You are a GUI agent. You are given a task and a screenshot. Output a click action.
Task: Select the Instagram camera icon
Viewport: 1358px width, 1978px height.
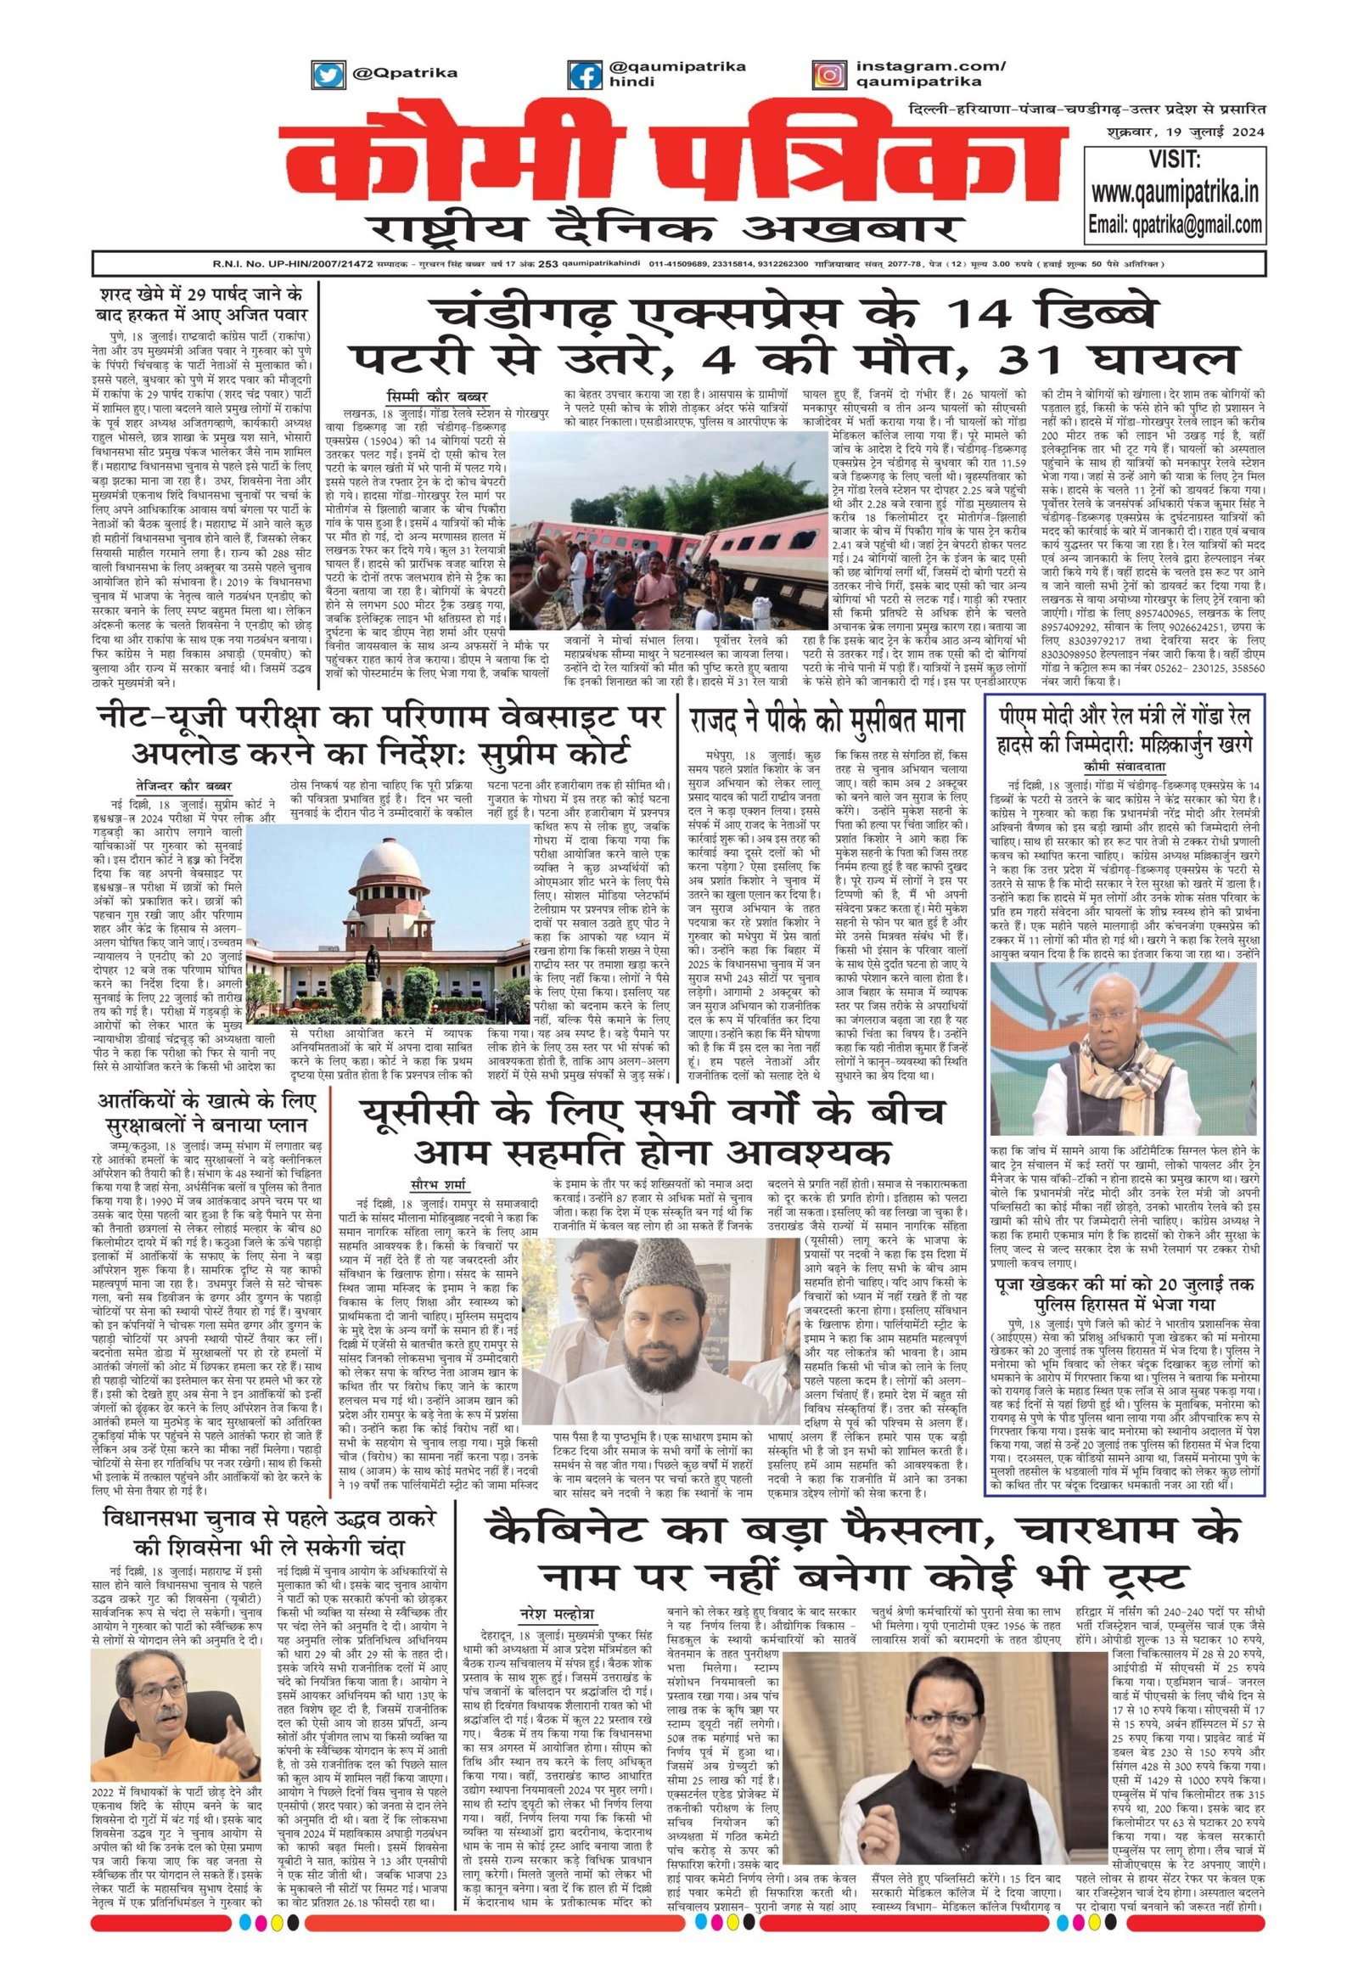pyautogui.click(x=828, y=74)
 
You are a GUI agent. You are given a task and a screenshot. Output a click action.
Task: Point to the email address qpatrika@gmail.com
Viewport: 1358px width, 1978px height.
pyautogui.click(x=1174, y=225)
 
